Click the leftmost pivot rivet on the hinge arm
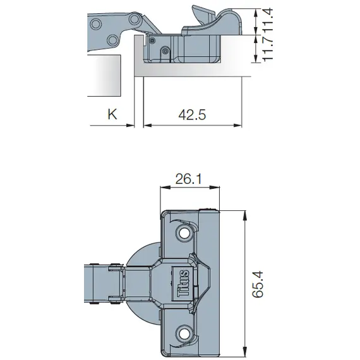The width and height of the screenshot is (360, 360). click(95, 24)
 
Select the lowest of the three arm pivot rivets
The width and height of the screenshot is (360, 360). click(112, 41)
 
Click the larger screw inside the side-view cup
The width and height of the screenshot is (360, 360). click(165, 51)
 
